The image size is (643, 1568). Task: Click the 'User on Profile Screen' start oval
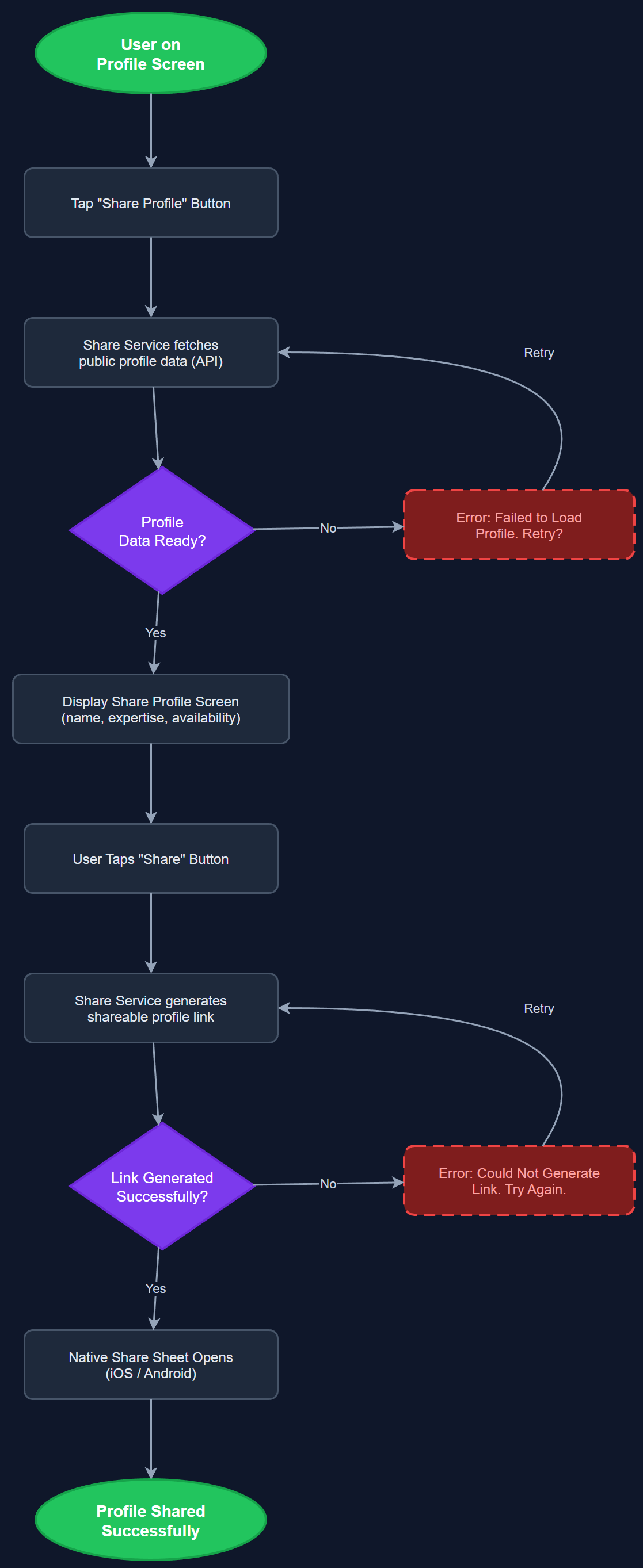(x=150, y=53)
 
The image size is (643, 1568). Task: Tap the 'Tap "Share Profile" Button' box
(x=150, y=202)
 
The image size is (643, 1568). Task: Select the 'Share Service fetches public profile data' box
(x=150, y=353)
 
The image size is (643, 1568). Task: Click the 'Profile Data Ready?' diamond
(x=161, y=530)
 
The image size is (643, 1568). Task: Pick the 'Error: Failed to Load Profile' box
(x=519, y=525)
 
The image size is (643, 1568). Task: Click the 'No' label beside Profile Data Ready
(x=328, y=529)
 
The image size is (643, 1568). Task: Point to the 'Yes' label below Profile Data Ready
(x=155, y=633)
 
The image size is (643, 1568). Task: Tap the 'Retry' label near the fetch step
(x=538, y=353)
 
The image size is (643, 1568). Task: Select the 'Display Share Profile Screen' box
(x=150, y=709)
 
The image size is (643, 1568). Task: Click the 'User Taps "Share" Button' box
(x=150, y=859)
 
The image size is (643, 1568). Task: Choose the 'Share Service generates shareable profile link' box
(x=150, y=1008)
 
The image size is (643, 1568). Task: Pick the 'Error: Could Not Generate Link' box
(x=519, y=1180)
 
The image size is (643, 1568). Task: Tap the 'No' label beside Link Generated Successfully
(x=328, y=1184)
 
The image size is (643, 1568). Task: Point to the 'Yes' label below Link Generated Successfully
(x=155, y=1288)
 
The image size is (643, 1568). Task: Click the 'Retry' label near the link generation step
(x=538, y=1008)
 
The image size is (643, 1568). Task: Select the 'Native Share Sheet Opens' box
(x=150, y=1365)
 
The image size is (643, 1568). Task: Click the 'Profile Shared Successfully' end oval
(x=150, y=1520)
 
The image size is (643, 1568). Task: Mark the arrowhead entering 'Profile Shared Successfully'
(x=151, y=1474)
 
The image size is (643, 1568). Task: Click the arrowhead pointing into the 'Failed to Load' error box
(x=399, y=527)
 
